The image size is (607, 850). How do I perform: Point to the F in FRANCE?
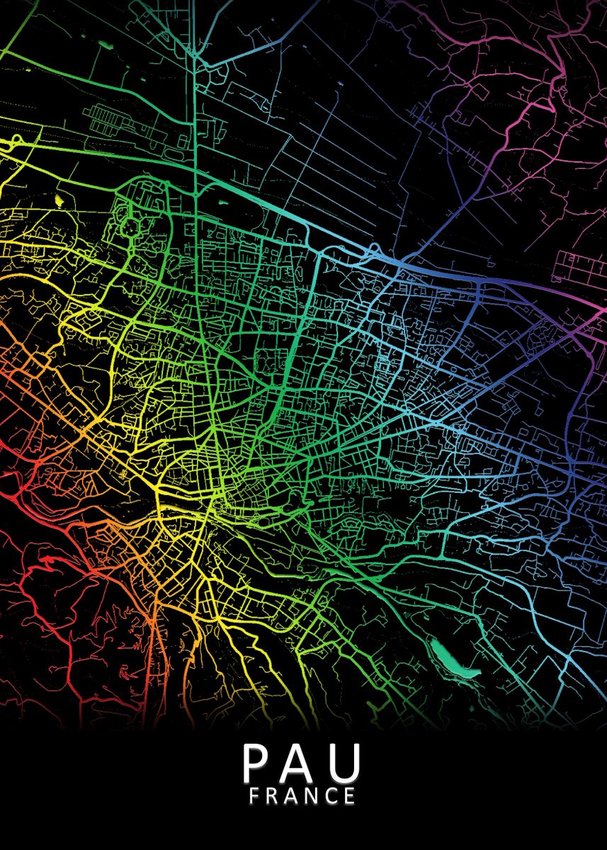[255, 796]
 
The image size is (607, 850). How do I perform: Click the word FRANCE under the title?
[302, 796]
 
